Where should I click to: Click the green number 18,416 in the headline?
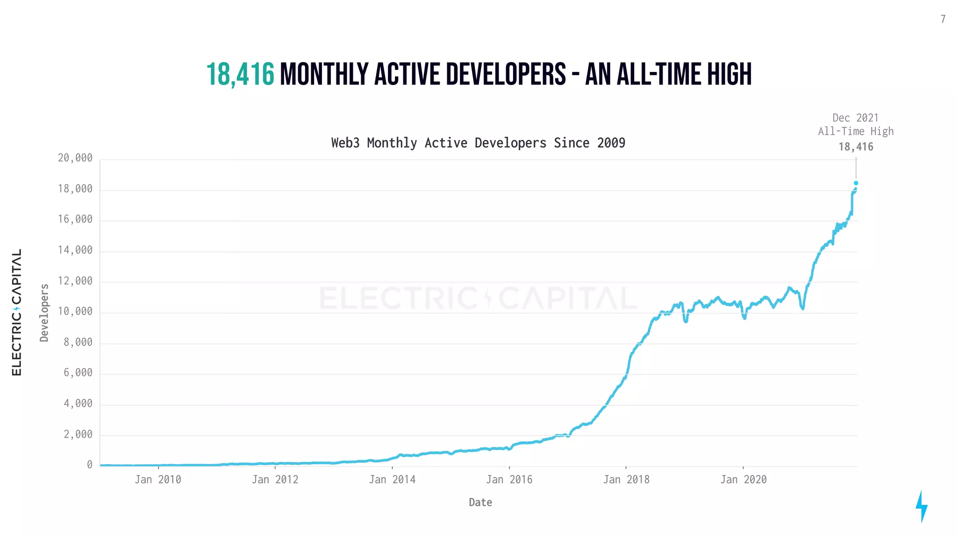point(240,75)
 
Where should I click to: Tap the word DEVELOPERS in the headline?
point(506,75)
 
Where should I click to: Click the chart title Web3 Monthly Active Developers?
point(478,143)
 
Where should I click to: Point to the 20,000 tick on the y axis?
point(75,158)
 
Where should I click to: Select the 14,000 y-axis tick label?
point(75,250)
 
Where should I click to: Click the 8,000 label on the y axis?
point(78,342)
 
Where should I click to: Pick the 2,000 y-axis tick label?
point(78,434)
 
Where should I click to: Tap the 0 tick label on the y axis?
point(90,465)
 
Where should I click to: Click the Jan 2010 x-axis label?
point(158,480)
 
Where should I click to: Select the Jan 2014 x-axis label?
point(392,480)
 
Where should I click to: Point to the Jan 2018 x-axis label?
point(626,480)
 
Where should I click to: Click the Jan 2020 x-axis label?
point(743,480)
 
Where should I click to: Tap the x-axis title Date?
point(480,503)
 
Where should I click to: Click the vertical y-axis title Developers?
point(44,313)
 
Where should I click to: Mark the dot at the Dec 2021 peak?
point(856,183)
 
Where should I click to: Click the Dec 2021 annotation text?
point(855,118)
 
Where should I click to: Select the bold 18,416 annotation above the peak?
point(856,147)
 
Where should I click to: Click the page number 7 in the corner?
point(943,19)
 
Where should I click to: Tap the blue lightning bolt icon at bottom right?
point(921,506)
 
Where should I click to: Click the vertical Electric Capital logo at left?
point(17,312)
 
